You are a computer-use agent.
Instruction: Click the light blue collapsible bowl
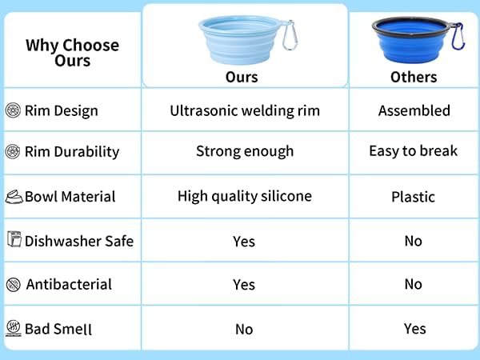point(240,40)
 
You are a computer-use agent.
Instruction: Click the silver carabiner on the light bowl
point(290,35)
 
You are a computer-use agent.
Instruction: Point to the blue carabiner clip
point(458,36)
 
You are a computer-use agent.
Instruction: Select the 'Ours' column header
point(242,77)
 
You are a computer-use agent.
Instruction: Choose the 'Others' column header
point(414,77)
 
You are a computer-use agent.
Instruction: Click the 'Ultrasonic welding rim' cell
point(245,111)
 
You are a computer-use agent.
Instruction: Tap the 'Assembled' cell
point(414,110)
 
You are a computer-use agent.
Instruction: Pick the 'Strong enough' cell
point(245,151)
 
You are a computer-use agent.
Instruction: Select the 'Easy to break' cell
point(414,151)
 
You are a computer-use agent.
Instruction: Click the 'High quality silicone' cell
point(245,196)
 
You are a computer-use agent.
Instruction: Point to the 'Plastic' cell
point(414,197)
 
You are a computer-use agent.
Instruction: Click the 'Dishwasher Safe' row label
point(79,242)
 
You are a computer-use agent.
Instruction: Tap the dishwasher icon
point(14,239)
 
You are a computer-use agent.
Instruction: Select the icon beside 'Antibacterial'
point(14,285)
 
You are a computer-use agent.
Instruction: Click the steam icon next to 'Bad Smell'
point(14,329)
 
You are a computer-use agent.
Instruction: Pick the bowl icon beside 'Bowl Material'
point(14,197)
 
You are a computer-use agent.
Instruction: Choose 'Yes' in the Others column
point(414,329)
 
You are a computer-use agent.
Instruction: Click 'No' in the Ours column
point(244,330)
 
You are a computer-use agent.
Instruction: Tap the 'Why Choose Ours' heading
point(73,53)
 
